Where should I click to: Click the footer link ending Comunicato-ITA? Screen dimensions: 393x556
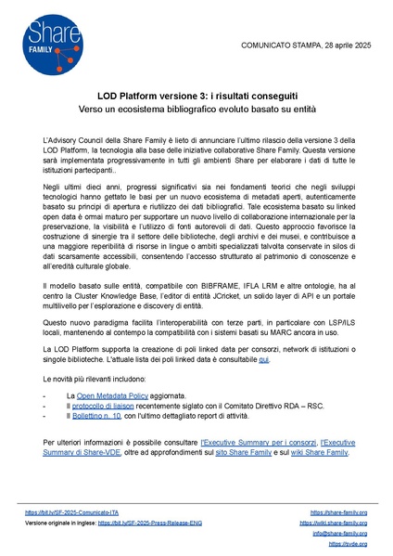point(73,511)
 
